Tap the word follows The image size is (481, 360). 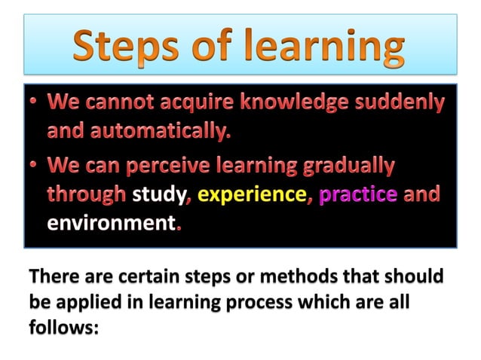(x=64, y=328)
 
